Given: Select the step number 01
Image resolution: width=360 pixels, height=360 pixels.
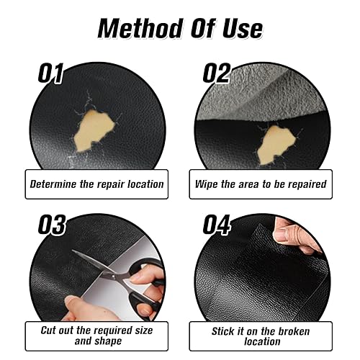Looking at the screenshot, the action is click(50, 73).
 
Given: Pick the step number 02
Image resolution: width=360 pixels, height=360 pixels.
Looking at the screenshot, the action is click(217, 73).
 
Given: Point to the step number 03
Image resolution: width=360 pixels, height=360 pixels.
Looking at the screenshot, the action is click(52, 225).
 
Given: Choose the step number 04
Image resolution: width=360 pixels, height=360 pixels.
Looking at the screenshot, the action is click(217, 225).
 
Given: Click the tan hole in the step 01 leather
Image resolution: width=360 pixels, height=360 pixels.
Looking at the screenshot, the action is click(94, 131).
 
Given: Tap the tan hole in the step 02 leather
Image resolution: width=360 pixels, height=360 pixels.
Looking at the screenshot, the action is click(276, 145).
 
